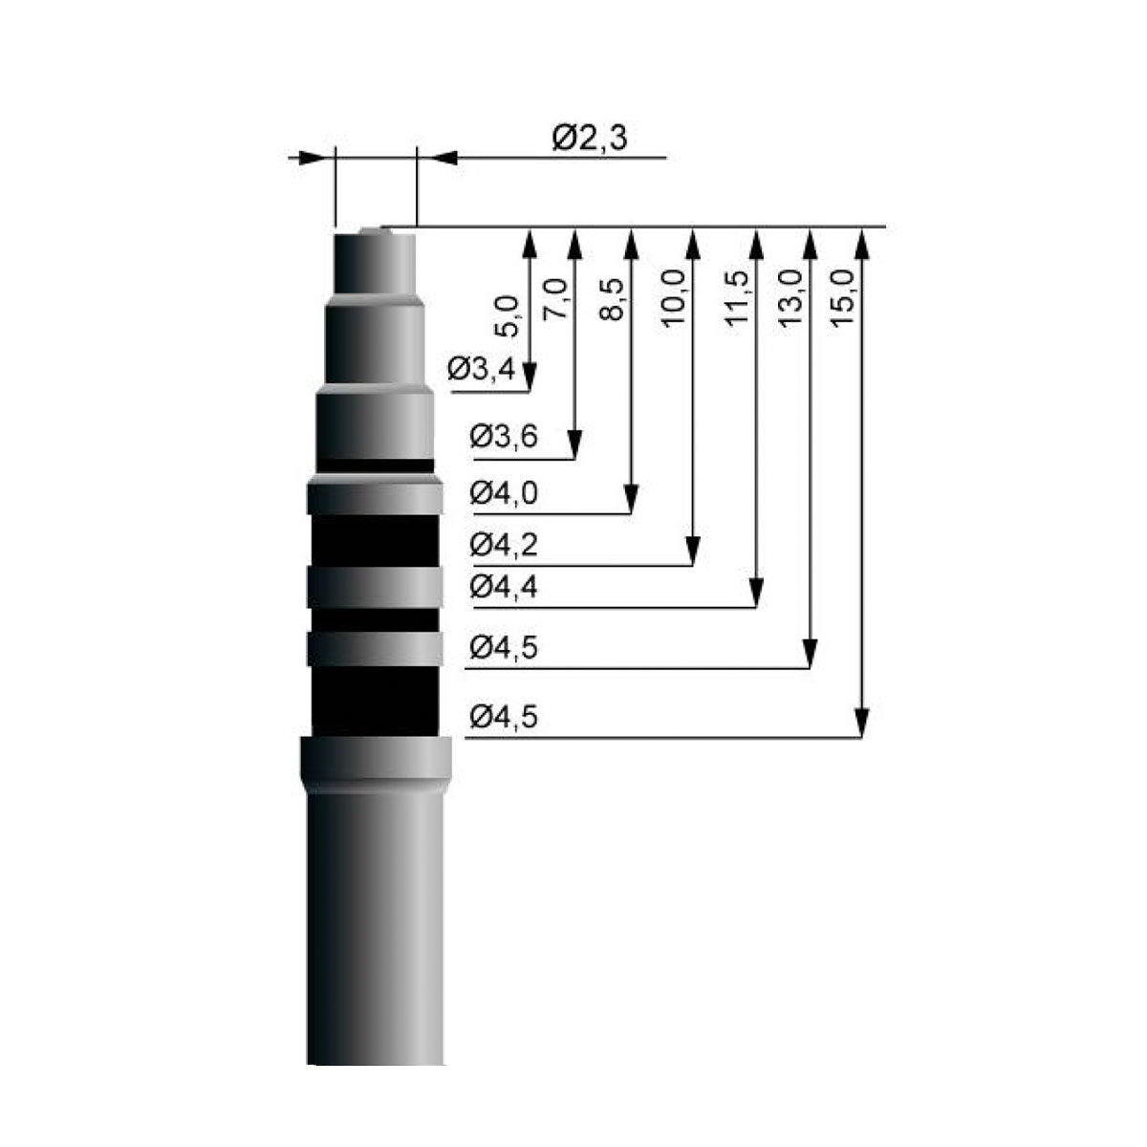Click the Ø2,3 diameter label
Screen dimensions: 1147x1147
pos(590,139)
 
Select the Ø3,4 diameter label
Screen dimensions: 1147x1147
pos(481,369)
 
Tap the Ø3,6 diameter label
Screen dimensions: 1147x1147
pos(504,436)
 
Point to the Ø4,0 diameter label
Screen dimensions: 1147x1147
pos(504,493)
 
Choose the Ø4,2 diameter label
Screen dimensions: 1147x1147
pos(504,545)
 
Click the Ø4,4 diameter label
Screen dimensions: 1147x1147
pos(504,587)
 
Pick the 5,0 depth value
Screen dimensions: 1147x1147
pos(508,317)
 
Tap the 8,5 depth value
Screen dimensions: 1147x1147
pos(612,299)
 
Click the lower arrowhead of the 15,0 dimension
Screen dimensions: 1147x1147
pos(861,723)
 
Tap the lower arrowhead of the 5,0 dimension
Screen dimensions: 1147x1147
pos(530,378)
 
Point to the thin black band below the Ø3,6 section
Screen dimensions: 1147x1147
pos(375,465)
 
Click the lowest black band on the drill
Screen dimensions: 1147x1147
pos(375,701)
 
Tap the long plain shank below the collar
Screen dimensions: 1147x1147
pos(375,927)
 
